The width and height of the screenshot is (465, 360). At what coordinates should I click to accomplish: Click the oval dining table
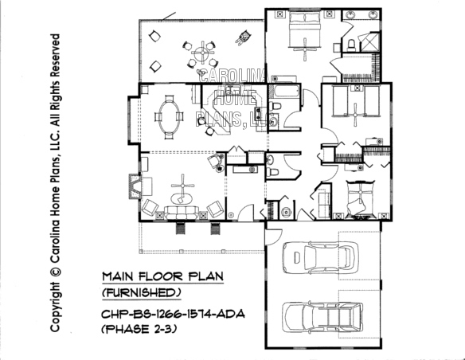170,117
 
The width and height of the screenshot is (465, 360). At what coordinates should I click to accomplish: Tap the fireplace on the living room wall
135,186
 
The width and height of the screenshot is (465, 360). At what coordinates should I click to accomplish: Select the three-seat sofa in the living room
182,213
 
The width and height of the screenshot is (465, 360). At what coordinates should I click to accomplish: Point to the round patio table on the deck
203,53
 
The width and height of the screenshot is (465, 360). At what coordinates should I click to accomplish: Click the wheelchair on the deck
244,37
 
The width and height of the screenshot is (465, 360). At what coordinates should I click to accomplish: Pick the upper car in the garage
321,257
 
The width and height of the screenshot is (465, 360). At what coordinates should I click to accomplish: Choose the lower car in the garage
322,317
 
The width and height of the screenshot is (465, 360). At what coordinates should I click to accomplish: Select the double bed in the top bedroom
305,29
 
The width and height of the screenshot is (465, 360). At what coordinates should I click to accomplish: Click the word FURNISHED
142,293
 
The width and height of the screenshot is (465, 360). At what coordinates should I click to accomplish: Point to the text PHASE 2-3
139,329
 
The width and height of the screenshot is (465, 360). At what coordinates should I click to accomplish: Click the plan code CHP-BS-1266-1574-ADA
173,314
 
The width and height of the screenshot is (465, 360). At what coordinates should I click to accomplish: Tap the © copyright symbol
55,272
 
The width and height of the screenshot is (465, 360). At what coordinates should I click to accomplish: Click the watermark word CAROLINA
233,76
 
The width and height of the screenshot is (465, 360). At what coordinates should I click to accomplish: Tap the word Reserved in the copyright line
55,59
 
